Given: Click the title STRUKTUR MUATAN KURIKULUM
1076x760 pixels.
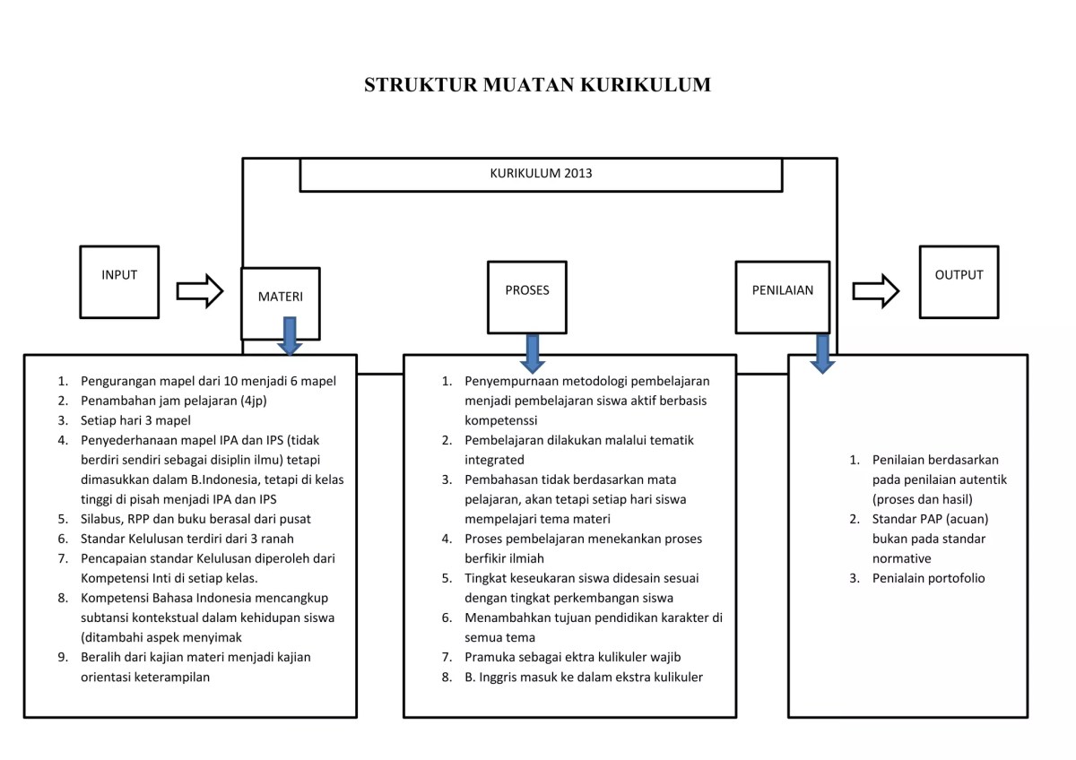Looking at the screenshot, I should tap(537, 85).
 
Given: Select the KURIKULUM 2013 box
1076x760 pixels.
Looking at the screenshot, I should tap(541, 174).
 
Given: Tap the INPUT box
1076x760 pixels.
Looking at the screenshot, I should tap(119, 281).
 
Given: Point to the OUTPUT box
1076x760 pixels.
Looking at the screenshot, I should tap(959, 281).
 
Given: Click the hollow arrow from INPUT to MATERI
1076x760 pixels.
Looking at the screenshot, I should tap(199, 290).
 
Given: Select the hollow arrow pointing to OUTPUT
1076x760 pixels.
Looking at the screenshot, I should tap(875, 290).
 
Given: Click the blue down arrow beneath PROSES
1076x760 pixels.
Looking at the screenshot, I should tap(533, 352).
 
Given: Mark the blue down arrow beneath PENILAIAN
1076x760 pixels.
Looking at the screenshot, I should tap(822, 353).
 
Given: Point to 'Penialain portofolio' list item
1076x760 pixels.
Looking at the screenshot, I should tap(928, 578).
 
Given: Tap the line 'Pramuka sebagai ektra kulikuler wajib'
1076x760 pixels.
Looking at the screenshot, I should tap(572, 657).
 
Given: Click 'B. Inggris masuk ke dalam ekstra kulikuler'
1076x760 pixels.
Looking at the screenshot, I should tap(583, 677).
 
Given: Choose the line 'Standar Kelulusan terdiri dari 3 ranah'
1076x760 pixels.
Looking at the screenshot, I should tap(187, 539).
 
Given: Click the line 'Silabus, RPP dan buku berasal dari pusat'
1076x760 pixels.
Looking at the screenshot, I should tap(195, 519).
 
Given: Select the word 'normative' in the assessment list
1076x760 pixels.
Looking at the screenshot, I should tap(901, 558).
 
